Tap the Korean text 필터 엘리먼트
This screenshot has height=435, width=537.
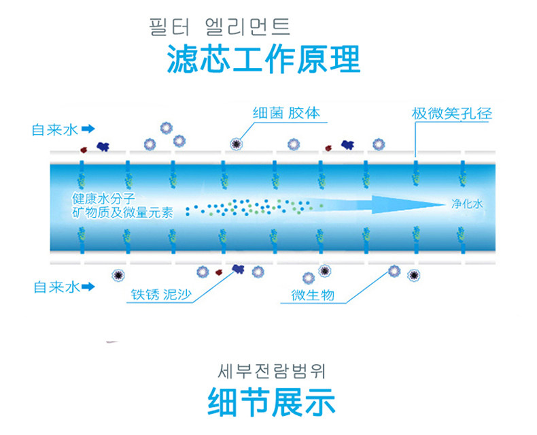click(219, 28)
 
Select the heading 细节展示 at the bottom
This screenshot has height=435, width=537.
click(271, 402)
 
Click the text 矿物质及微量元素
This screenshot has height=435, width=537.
click(122, 212)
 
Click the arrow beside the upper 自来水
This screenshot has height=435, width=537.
click(88, 129)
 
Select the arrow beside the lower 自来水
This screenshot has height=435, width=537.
click(88, 287)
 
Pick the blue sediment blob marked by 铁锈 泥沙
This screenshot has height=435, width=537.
click(238, 270)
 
